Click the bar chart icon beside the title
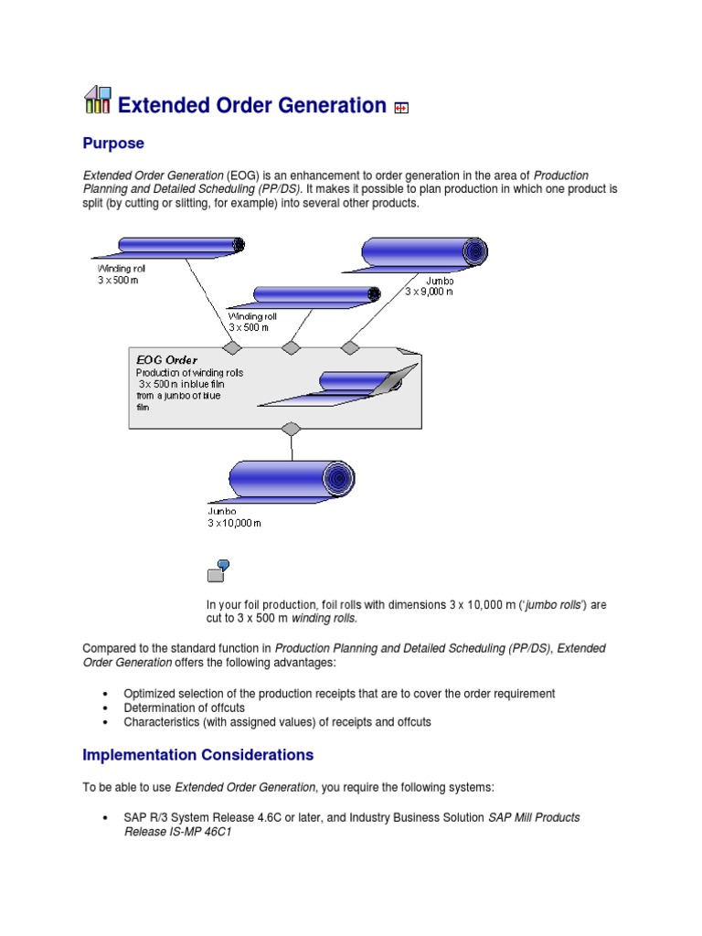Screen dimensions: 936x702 pyautogui.click(x=97, y=101)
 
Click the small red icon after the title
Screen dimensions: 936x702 pyautogui.click(x=400, y=108)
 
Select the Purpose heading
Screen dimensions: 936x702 pyautogui.click(x=113, y=144)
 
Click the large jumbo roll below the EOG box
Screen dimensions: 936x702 pyautogui.click(x=291, y=479)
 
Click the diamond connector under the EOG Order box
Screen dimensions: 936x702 pyautogui.click(x=291, y=429)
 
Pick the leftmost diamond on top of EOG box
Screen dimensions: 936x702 pyautogui.click(x=232, y=347)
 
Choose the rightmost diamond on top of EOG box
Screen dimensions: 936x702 pyautogui.click(x=350, y=347)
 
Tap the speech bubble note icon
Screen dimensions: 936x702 pyautogui.click(x=218, y=571)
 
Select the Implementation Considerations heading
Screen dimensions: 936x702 pyautogui.click(x=197, y=755)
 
